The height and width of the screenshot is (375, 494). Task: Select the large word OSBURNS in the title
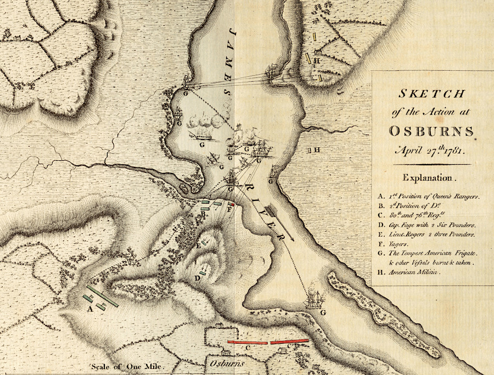tap(431, 131)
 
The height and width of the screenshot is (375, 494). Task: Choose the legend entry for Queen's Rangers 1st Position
tap(429, 196)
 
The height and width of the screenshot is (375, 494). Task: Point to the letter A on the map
tap(89, 309)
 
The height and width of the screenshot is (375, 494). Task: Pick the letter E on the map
tap(199, 245)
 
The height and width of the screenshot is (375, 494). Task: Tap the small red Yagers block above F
tap(232, 204)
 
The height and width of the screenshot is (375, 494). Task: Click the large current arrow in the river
tap(281, 222)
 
